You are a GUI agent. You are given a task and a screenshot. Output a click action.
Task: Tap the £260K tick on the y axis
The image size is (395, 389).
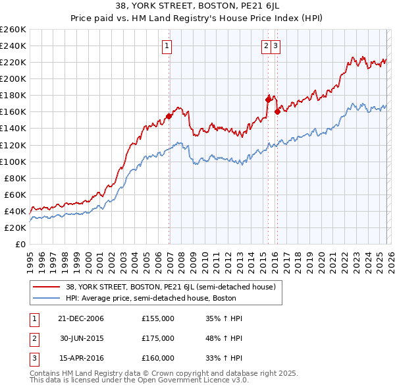[13, 30]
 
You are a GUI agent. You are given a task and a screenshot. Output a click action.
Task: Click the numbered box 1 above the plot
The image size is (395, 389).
[167, 46]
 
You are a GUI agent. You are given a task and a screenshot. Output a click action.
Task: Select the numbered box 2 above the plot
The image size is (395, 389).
[266, 46]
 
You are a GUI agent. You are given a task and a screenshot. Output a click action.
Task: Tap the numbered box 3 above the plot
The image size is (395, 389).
[275, 46]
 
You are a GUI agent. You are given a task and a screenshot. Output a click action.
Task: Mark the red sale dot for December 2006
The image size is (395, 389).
[169, 116]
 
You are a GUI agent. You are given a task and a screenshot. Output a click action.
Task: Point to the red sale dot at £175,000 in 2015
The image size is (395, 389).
[268, 100]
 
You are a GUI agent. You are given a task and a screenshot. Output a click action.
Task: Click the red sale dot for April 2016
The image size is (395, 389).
[277, 111]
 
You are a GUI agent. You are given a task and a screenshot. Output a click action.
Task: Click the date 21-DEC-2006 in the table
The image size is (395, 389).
[80, 318]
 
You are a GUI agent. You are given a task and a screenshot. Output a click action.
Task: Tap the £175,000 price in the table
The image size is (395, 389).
[158, 338]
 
